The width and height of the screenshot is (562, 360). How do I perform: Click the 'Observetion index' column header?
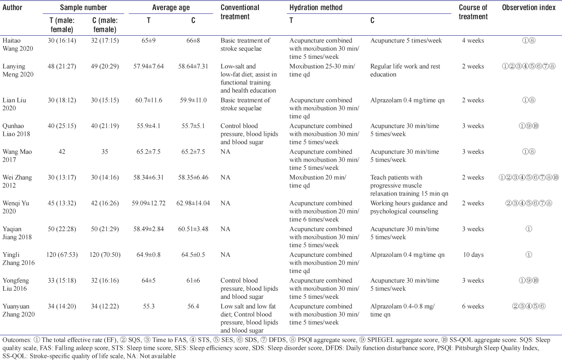pos(528,8)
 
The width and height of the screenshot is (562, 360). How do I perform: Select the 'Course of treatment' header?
pos(473,12)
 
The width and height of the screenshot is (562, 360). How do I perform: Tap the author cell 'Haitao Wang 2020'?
pos(18,44)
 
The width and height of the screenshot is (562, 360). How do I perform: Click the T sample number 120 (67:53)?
pos(62,255)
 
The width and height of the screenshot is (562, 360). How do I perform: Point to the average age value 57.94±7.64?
pos(148,67)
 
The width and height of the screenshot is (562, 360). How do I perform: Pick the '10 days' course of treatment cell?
pos(473,255)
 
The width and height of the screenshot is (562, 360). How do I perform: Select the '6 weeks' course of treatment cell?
pos(473,306)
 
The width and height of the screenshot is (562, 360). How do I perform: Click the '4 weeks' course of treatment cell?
pos(473,41)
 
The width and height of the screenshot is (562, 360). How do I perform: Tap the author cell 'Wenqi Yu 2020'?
pos(16,207)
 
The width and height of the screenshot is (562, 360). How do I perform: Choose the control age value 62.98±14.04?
pos(193,203)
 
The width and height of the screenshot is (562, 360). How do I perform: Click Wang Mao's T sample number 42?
pos(62,151)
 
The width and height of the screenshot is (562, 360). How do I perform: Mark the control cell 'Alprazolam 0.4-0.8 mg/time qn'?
pos(403,310)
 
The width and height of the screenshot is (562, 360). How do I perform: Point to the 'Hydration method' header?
pos(316,8)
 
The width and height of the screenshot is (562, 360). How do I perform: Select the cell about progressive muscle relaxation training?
pos(409,185)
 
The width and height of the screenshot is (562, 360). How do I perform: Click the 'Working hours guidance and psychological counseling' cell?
pos(408,207)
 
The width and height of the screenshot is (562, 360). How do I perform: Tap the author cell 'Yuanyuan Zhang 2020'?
pos(18,310)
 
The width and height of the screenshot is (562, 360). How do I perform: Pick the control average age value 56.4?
pos(193,306)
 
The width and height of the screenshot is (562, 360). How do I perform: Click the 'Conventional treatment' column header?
pos(240,12)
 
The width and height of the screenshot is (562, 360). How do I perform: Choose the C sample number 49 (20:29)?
pos(105,67)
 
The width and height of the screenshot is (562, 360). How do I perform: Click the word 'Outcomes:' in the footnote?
pos(17,340)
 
